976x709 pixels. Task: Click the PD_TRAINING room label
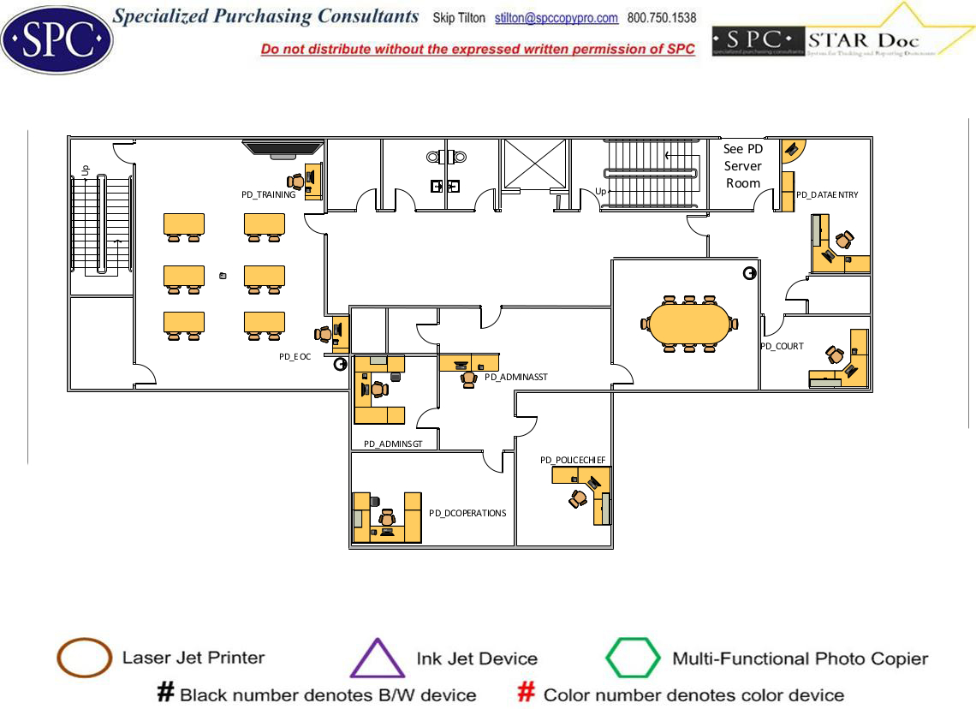[x=268, y=195]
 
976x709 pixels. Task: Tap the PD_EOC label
[x=295, y=356]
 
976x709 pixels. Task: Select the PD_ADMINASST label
[x=515, y=377]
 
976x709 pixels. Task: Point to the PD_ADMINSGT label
[x=388, y=444]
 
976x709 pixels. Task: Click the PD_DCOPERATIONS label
[x=467, y=514]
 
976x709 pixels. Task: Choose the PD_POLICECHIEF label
[x=573, y=460]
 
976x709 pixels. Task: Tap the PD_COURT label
[x=782, y=347]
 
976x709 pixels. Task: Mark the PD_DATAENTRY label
[x=827, y=195]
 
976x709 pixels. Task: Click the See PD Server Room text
[x=743, y=166]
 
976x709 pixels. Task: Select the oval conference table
[x=689, y=323]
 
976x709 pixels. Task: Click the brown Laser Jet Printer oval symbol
[x=84, y=658]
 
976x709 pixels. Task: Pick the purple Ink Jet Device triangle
[x=378, y=658]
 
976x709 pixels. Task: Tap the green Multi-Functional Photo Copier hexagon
[x=634, y=658]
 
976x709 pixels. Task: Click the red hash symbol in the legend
[x=527, y=694]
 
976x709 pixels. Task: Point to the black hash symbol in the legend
[x=165, y=694]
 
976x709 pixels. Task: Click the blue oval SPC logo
[x=57, y=38]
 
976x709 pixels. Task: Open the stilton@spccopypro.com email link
[x=556, y=18]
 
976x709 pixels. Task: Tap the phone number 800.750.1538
[x=662, y=18]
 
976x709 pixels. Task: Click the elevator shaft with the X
[x=534, y=164]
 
